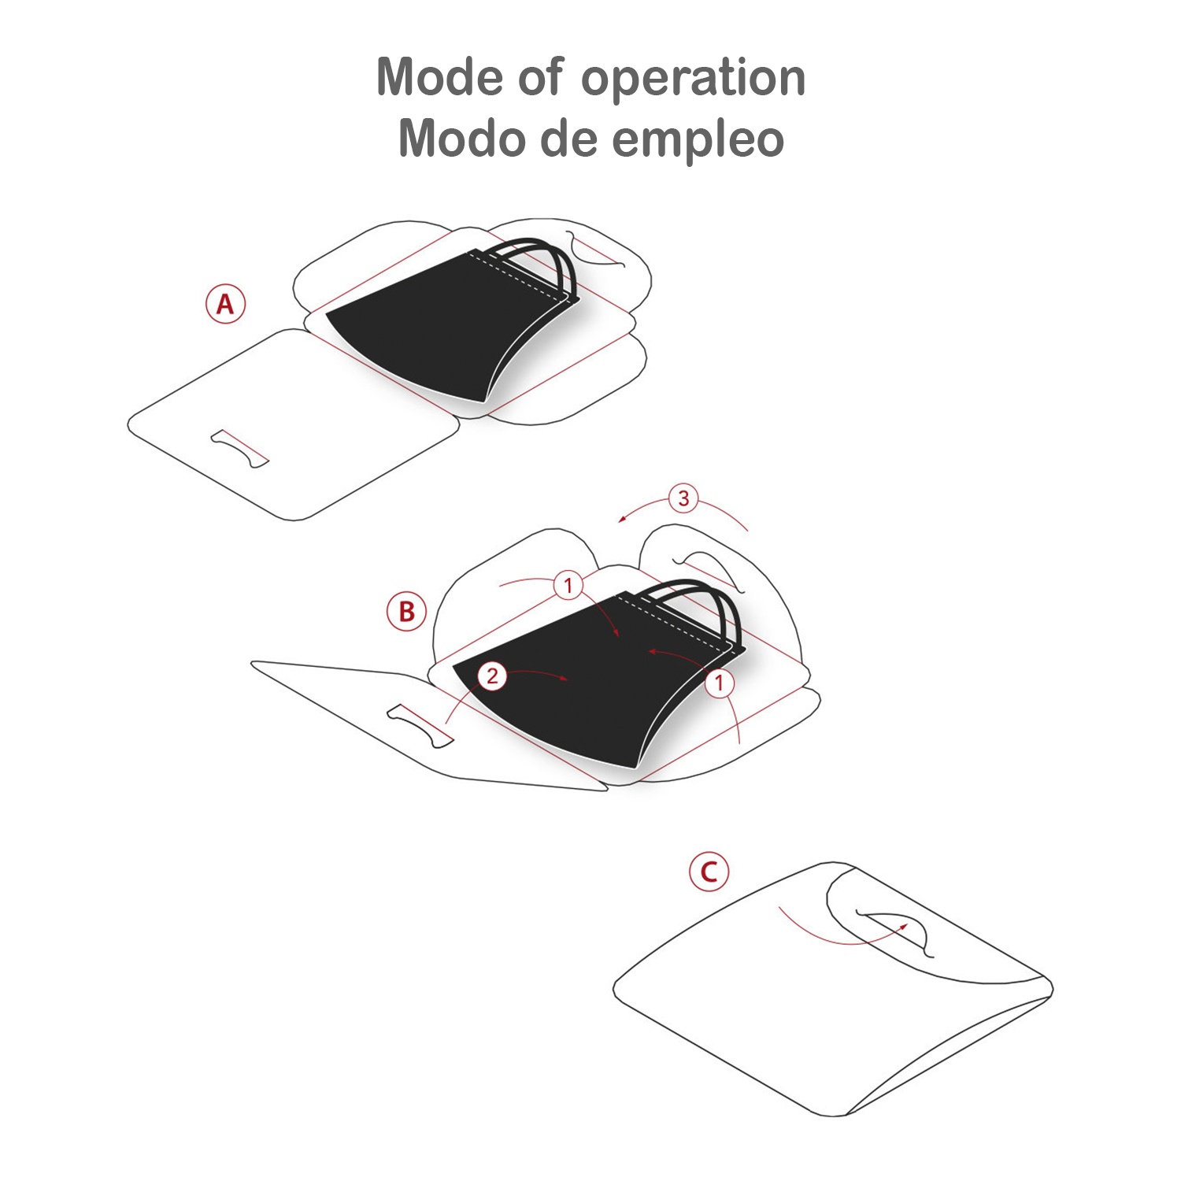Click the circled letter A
tap(226, 304)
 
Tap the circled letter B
tap(406, 612)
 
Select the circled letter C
tap(709, 872)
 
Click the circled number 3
tap(683, 498)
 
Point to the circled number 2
tap(493, 676)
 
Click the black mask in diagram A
tap(441, 331)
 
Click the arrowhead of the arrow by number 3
tap(623, 517)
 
